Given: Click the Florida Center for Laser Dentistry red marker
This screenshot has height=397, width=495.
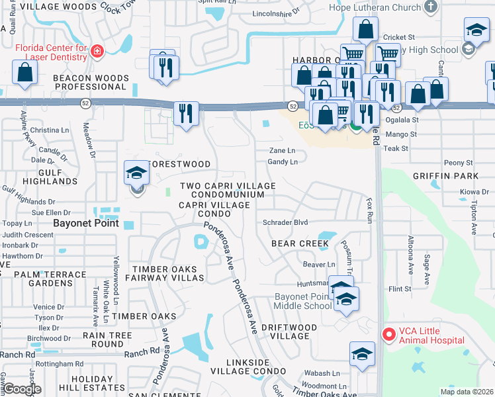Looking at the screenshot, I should [x=97, y=52].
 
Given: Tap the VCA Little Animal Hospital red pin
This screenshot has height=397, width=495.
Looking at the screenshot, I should [x=388, y=335].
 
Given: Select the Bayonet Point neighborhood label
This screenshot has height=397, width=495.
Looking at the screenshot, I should [x=86, y=224].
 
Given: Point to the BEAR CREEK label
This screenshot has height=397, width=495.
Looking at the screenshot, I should [x=300, y=243].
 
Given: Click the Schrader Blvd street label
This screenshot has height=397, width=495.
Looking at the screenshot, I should [x=285, y=223].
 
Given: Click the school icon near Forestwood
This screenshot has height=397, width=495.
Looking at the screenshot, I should [x=136, y=174].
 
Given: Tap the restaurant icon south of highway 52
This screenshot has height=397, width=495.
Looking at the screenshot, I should [x=187, y=113].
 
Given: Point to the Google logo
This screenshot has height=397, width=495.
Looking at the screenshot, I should [x=21, y=389].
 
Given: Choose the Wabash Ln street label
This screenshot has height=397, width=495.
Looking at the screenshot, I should [x=326, y=373].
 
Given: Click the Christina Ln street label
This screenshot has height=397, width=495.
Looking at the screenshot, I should [x=45, y=130].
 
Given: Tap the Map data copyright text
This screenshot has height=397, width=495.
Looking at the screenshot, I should [x=467, y=392].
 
